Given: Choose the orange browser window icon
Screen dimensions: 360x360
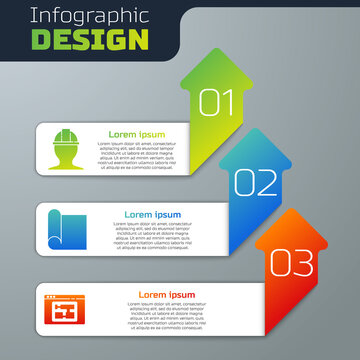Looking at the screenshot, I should coord(65,308).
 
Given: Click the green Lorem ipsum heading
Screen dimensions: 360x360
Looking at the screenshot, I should coord(137,134).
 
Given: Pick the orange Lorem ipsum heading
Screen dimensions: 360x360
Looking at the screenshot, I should coord(166,295).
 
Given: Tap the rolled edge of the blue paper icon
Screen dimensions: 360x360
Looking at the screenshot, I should coord(50,228).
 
